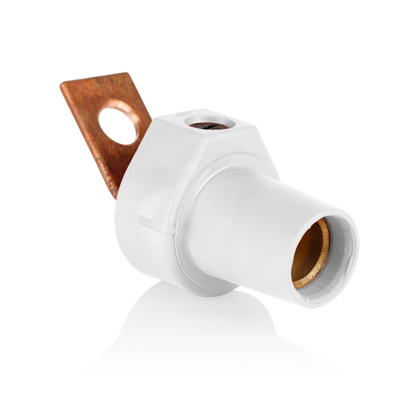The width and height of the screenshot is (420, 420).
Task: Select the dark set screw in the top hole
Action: pos(208,126)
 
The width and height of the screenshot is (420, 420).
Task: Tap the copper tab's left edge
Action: pos(84,139)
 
